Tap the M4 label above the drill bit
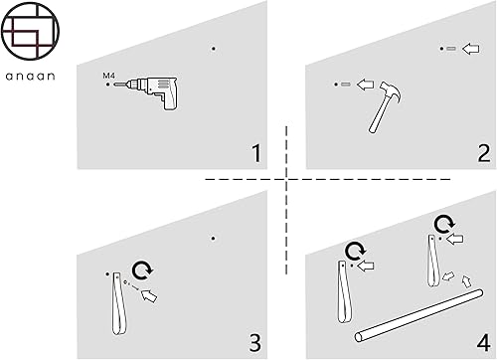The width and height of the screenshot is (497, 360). pos(108,76)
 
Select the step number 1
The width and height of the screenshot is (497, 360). pos(256,153)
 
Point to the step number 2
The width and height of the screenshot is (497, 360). pos(483,153)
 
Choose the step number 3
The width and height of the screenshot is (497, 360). pos(254,343)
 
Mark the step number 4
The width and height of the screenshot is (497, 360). pos(483,342)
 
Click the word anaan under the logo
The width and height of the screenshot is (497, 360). pos(30,77)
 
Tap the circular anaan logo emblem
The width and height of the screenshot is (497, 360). pos(30,31)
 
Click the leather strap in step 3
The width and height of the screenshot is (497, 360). pos(118,303)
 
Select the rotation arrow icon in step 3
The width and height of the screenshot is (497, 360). pos(142,270)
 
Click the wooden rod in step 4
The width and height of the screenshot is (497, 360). pos(418,315)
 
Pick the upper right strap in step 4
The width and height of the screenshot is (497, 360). pos(433,261)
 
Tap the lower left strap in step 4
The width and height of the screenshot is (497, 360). pos(344,291)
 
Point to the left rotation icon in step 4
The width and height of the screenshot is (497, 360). pos(355,252)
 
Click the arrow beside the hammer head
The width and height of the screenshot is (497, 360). pos(365,85)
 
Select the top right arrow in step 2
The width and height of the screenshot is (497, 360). pos(470,49)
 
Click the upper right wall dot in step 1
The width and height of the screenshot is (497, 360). pos(214,49)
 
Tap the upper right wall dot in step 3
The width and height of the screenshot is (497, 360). pos(213,239)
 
